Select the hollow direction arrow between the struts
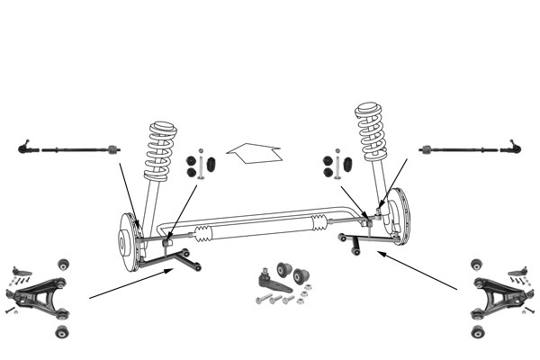pyautogui.click(x=255, y=154)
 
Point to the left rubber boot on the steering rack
pyautogui.click(x=204, y=234)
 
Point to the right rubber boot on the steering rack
pyautogui.click(x=319, y=223)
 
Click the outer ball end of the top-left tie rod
pyautogui.click(x=24, y=147)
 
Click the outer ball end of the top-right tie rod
pyautogui.click(x=515, y=146)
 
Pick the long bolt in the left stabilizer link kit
pyautogui.click(x=201, y=165)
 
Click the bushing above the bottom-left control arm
pyautogui.click(x=64, y=265)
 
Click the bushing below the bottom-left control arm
pyautogui.click(x=62, y=332)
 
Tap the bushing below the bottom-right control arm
pyautogui.click(x=477, y=332)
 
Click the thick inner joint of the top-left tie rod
pyautogui.click(x=112, y=148)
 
